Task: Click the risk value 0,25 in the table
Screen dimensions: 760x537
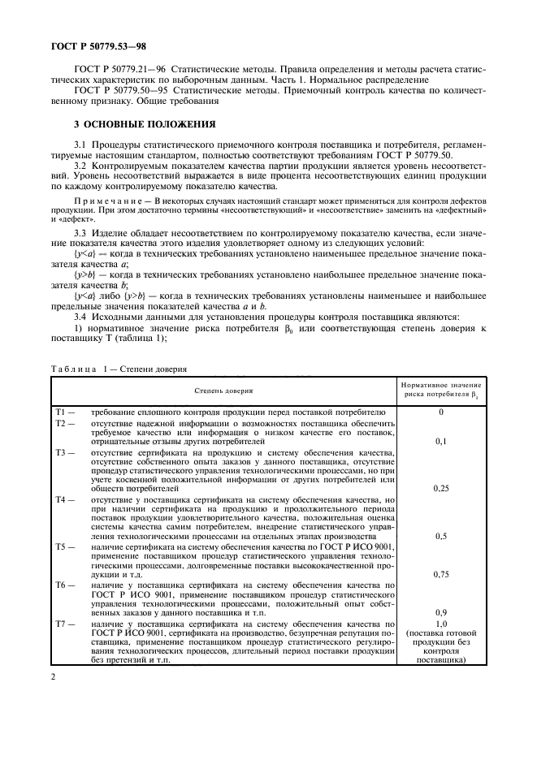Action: [x=441, y=489]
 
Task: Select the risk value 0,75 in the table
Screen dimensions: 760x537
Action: [x=441, y=574]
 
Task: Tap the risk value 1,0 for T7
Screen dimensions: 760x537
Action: [x=441, y=623]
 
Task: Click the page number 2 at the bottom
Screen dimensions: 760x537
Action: [x=51, y=676]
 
